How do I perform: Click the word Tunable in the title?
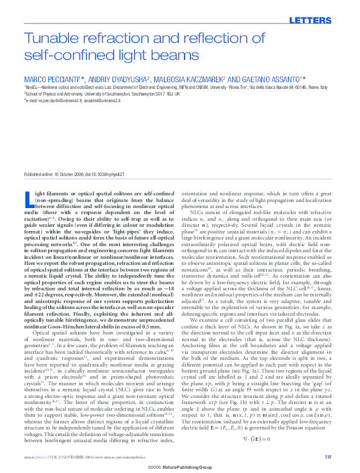pyautogui.click(x=48, y=39)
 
